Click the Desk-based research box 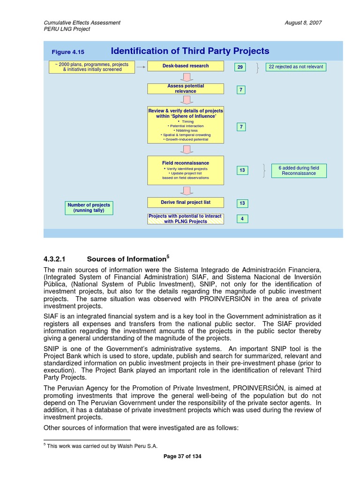186,66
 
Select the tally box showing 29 240,67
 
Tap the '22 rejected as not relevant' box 295,67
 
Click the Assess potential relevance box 186,89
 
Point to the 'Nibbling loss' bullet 186,130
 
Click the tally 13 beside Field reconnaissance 242,170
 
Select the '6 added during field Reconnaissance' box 299,170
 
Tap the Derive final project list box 186,202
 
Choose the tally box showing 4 242,218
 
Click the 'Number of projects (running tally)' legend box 89,208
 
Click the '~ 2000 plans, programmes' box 92,67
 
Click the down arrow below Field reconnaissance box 186,190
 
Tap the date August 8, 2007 303,22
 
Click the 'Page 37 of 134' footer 182,456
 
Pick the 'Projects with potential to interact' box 186,219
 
